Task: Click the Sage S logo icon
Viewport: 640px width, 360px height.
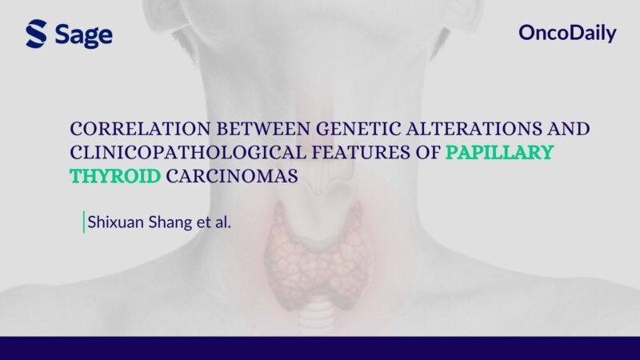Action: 37,34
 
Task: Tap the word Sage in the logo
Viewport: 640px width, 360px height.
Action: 84,35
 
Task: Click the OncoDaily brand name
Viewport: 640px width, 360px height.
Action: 567,34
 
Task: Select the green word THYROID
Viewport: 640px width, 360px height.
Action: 115,176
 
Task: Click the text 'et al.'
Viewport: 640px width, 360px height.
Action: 214,222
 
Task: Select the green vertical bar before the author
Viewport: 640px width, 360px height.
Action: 83,222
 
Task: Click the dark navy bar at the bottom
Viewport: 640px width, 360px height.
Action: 320,348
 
